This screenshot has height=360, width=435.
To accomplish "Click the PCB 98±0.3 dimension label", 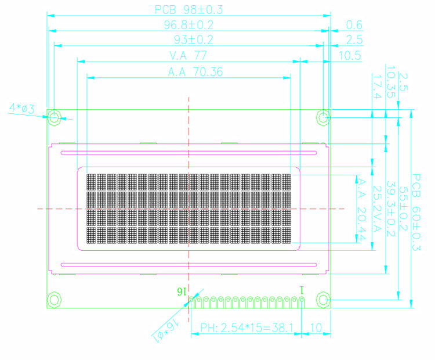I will pyautogui.click(x=188, y=9).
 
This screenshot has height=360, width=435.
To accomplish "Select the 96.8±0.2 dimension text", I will pyautogui.click(x=189, y=24).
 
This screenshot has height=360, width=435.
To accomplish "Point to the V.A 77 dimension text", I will pyautogui.click(x=188, y=56).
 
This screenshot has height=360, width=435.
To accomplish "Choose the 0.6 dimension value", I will pyautogui.click(x=353, y=24).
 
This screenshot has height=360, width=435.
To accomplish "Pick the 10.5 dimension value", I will pyautogui.click(x=350, y=56).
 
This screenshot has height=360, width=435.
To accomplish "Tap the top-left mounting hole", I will pyautogui.click(x=54, y=118).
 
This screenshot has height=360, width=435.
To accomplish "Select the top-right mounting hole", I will pyautogui.click(x=323, y=118).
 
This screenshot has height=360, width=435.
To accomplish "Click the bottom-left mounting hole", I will pyautogui.click(x=54, y=300).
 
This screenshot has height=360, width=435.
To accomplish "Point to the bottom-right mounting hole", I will pyautogui.click(x=323, y=300).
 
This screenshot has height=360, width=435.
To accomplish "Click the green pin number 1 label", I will pyautogui.click(x=301, y=289).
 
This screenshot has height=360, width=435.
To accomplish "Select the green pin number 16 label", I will pyautogui.click(x=182, y=290).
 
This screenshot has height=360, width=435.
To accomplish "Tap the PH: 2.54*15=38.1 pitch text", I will pyautogui.click(x=246, y=327).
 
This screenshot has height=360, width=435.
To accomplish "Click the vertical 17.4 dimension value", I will pyautogui.click(x=376, y=85).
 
